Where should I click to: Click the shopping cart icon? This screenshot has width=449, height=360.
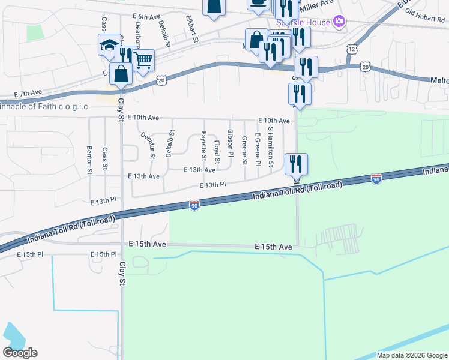point(143,59)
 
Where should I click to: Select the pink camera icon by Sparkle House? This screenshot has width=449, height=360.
point(339,22)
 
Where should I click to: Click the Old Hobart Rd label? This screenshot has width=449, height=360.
point(424,18)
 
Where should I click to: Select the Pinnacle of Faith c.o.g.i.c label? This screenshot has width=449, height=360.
point(44,106)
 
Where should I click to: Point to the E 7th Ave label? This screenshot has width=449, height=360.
point(28,94)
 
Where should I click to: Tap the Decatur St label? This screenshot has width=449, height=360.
point(147,146)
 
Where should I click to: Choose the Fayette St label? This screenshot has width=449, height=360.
point(204,146)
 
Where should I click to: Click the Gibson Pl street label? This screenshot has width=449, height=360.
point(231,140)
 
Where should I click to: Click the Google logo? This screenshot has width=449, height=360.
point(20,353)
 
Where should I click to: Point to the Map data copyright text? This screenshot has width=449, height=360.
point(411,355)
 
